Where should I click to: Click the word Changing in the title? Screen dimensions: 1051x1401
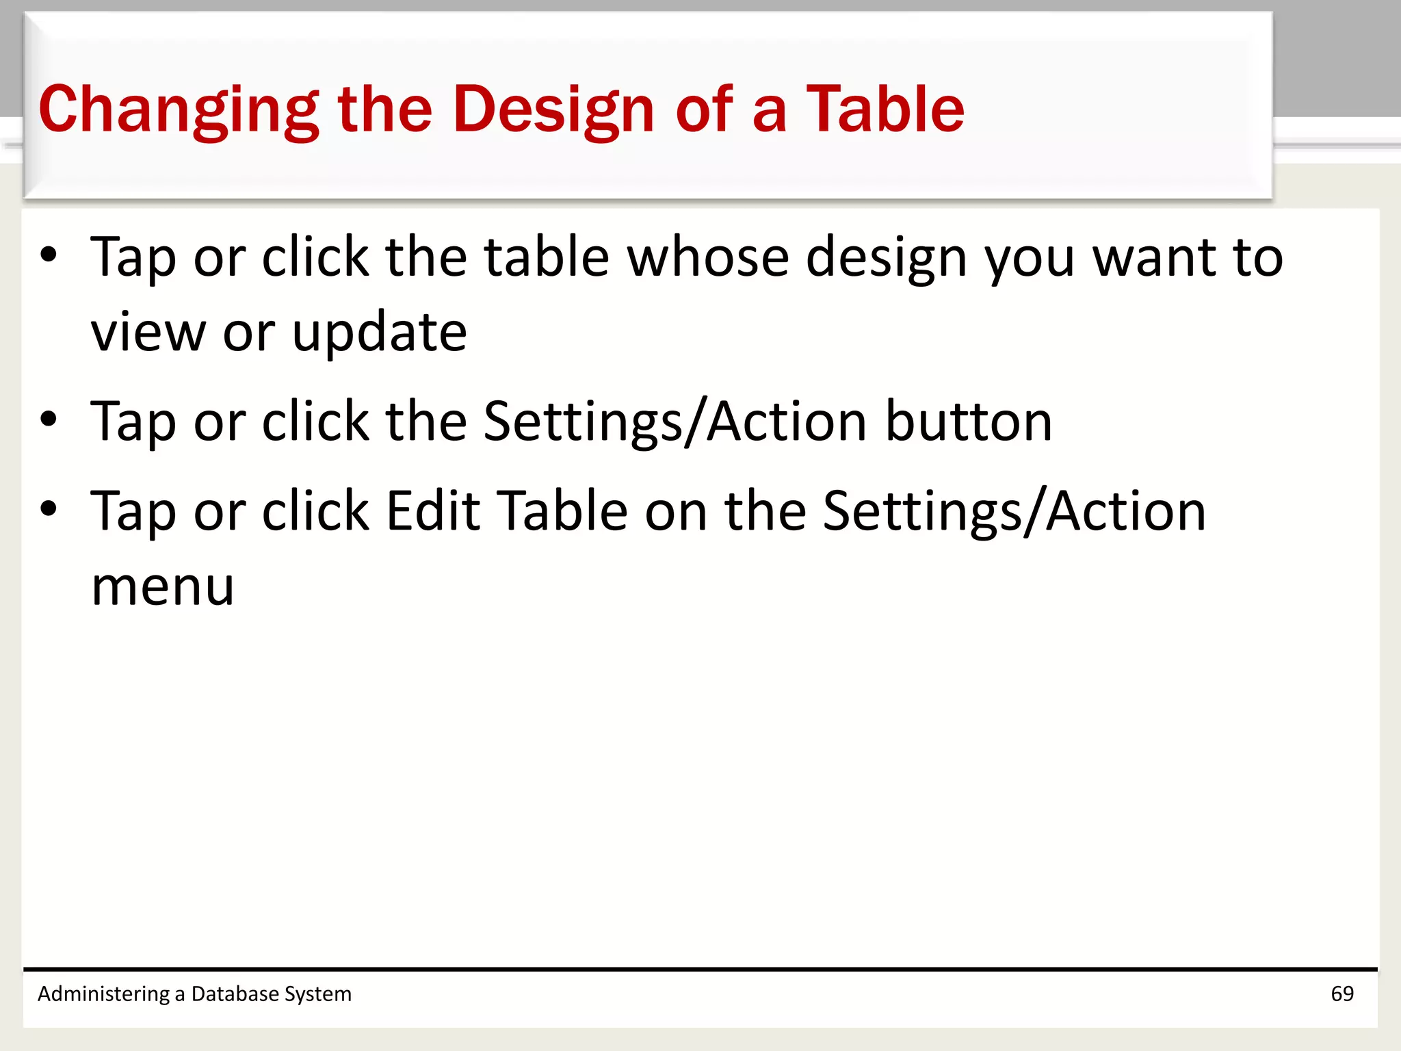coord(179,111)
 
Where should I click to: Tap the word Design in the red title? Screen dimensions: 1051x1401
coord(554,111)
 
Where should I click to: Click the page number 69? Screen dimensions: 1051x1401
coord(1342,994)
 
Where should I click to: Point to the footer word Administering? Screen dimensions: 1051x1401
coord(103,994)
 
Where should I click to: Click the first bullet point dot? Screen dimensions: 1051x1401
coord(49,255)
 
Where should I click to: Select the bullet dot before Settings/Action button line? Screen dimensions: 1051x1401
coord(49,419)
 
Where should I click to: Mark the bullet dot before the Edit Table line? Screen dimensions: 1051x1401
coord(49,508)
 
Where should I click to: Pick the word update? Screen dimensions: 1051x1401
coord(380,334)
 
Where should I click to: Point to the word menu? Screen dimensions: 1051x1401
coord(163,587)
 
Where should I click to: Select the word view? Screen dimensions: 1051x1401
coord(148,333)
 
